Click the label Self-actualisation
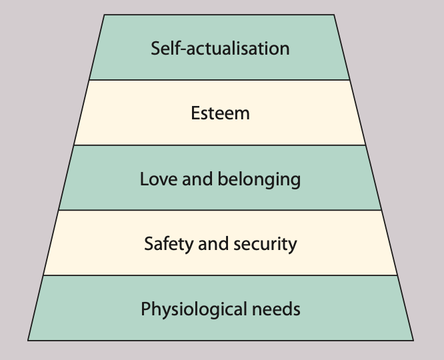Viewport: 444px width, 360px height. [x=220, y=49]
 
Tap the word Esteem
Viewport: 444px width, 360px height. [x=220, y=113]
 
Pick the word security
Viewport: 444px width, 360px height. [x=265, y=244]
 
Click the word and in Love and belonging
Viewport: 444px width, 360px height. [x=193, y=179]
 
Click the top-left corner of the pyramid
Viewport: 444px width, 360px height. [x=105, y=15]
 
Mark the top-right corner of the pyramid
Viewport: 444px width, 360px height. [x=335, y=15]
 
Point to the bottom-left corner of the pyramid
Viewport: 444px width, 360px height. [x=29, y=340]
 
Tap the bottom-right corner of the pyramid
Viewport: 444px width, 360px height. [x=413, y=340]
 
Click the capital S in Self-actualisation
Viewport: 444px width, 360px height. [x=155, y=49]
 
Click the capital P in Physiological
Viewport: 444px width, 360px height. [x=145, y=309]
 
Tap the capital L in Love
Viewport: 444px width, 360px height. [x=144, y=179]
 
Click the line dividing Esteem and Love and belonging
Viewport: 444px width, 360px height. [x=220, y=145]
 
